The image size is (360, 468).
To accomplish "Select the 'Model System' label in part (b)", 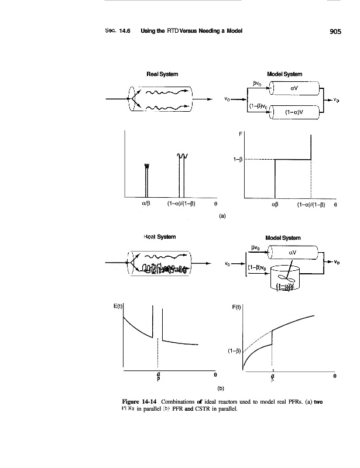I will [x=283, y=238].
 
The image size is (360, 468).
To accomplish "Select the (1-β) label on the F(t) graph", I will [x=235, y=352].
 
